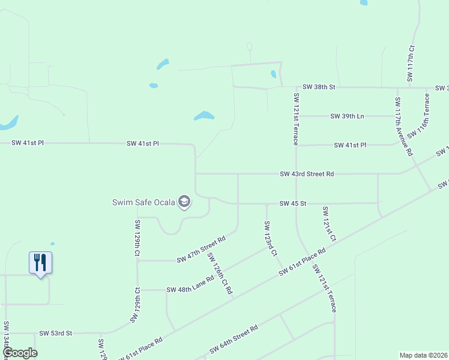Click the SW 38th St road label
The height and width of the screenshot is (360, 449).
point(318,87)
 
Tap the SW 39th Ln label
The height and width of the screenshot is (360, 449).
point(347,116)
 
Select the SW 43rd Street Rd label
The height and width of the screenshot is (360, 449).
point(306,174)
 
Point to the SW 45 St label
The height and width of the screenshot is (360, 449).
point(293,203)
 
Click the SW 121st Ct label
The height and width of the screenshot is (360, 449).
point(329,224)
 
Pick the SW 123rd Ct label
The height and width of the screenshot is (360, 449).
point(270,239)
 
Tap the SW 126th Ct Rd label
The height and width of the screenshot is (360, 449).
point(219,274)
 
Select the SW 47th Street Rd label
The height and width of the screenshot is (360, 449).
point(200,249)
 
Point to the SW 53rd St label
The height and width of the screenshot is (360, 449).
point(55,332)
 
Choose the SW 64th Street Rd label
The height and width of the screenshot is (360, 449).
point(234,339)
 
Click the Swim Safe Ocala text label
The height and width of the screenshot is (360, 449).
point(143,202)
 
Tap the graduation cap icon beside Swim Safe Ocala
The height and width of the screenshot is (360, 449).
point(184,202)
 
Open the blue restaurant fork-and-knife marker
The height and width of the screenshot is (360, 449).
point(40,263)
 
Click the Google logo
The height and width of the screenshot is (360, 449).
point(20,353)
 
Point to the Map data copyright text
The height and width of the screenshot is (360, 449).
point(423,355)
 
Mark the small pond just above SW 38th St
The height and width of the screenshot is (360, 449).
point(273,74)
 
